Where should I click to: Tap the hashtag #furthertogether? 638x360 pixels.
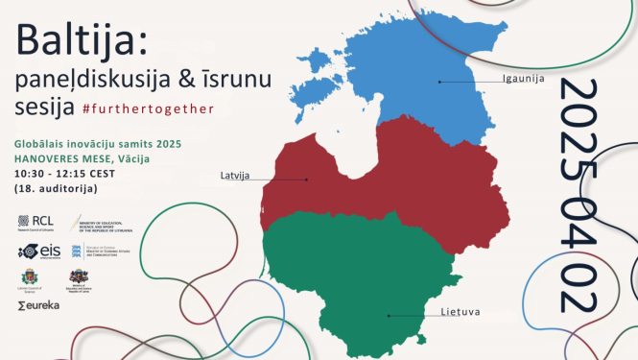149,108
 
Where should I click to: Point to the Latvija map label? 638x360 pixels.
235,175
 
